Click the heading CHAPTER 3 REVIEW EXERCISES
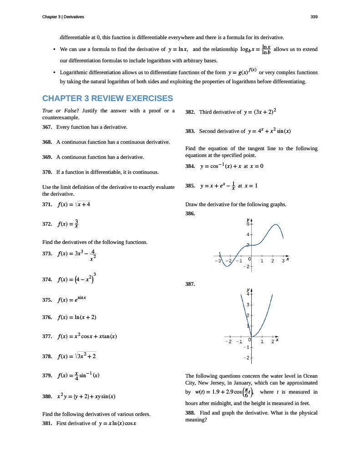107,98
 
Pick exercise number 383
191,131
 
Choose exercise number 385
191,186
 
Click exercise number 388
191,413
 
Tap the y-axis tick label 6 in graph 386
248,224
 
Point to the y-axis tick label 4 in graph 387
248,294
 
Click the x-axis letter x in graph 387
277,339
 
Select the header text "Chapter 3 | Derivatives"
63,17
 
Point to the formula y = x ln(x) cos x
117,423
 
